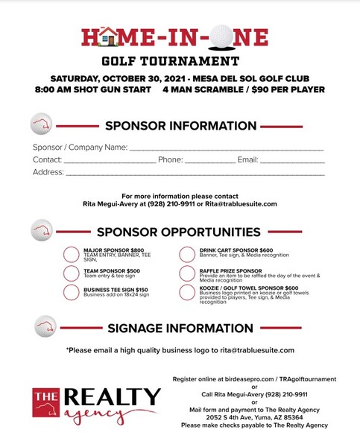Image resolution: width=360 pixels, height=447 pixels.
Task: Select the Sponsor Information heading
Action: pos(180,126)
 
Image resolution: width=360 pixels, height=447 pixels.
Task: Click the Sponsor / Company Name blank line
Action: pos(227,148)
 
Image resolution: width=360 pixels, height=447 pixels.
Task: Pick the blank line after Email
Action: pos(291,160)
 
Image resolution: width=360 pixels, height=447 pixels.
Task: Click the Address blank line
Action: pos(195,173)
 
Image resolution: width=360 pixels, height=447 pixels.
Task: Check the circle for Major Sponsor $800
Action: pos(72,255)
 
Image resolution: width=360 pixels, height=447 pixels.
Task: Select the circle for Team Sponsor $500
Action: pos(72,273)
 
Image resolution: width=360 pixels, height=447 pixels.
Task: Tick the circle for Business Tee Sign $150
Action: pos(72,292)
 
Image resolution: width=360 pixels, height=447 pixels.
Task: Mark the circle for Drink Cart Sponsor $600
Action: pos(187,255)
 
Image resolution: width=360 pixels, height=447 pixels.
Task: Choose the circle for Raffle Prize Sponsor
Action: pos(187,273)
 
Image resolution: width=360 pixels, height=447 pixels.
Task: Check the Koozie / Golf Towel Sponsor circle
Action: pos(187,292)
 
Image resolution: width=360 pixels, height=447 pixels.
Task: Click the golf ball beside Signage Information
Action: pos(45,326)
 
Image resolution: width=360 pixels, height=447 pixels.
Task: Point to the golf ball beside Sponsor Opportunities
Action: pos(42,230)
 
